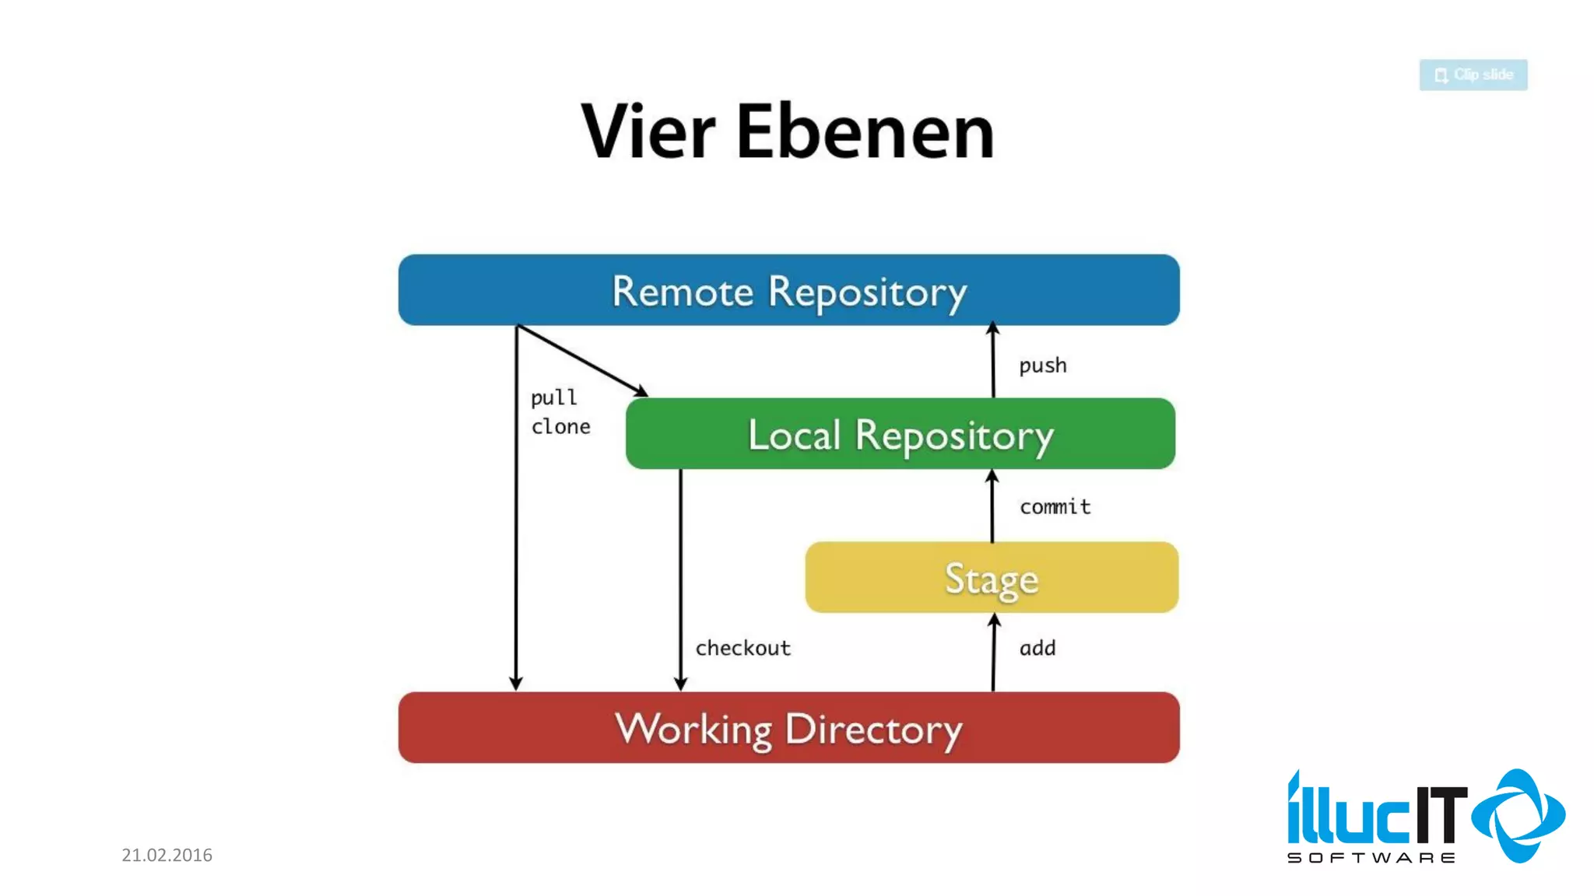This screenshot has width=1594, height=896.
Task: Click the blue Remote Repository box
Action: pos(788,289)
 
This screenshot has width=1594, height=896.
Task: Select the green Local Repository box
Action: pos(900,433)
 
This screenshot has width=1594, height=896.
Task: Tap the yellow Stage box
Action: pos(991,577)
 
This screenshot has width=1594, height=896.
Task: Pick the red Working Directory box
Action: pos(788,727)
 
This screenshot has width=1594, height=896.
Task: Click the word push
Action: pos(1042,366)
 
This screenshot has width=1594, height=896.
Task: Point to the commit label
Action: pos(1055,507)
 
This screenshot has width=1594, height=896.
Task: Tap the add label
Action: pos(1038,648)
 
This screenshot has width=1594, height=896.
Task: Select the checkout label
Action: pos(743,648)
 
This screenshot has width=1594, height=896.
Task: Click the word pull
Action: pos(553,397)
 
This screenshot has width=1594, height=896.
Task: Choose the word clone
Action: pos(560,427)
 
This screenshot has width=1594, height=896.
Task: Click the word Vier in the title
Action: pos(648,132)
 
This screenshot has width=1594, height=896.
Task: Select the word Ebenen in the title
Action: pos(865,132)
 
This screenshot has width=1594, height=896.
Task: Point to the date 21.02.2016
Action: pos(167,855)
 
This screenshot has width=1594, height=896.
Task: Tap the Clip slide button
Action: pos(1473,75)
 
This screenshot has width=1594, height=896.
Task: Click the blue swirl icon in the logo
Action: pos(1519,816)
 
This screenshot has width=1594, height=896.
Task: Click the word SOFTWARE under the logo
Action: pos(1371,858)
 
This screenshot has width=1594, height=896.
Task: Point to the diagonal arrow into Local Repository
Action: pos(581,360)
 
